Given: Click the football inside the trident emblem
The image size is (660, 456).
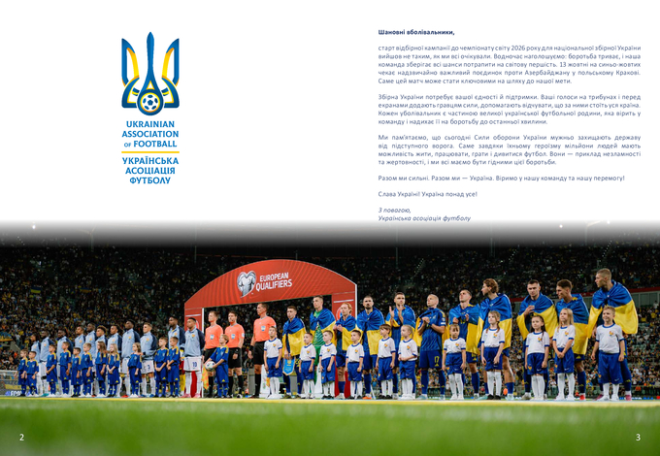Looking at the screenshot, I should [x=149, y=101].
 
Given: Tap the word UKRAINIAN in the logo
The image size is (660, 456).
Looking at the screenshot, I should [x=149, y=124].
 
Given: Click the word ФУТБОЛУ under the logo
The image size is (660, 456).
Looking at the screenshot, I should [x=149, y=180].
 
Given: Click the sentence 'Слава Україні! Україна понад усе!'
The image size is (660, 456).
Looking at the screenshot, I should [x=427, y=194].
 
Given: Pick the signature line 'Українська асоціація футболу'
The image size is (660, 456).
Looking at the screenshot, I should [x=424, y=218].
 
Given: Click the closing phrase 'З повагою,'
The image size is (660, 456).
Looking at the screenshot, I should [x=395, y=210].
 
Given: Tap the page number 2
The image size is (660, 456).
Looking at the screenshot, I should [x=21, y=437].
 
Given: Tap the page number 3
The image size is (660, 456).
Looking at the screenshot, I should [x=638, y=437].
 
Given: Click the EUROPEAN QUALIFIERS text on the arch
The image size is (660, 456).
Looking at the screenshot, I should [x=274, y=279].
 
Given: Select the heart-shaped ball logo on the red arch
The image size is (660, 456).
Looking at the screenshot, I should [x=247, y=282].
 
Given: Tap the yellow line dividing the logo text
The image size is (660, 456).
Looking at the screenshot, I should [x=149, y=152].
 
